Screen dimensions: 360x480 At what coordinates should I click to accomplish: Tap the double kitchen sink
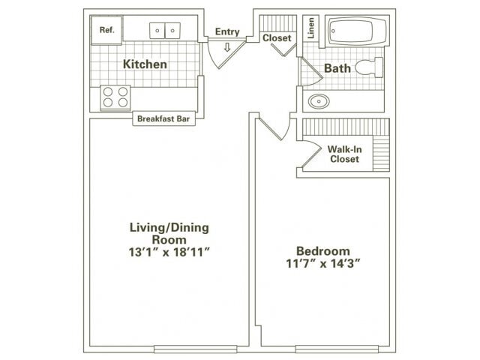(165, 31)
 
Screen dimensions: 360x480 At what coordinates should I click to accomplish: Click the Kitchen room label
(145, 64)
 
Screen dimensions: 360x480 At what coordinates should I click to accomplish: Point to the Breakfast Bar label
(165, 118)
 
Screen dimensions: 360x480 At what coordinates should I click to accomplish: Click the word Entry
(227, 32)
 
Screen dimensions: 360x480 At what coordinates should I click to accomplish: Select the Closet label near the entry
(276, 37)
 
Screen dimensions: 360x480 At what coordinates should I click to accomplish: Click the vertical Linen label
(311, 28)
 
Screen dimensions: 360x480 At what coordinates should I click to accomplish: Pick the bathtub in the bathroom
(355, 32)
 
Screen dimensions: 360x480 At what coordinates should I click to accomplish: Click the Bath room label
(337, 69)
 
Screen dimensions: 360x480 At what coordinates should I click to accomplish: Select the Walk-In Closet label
(344, 154)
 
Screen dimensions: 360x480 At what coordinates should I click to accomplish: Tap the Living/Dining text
(169, 226)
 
